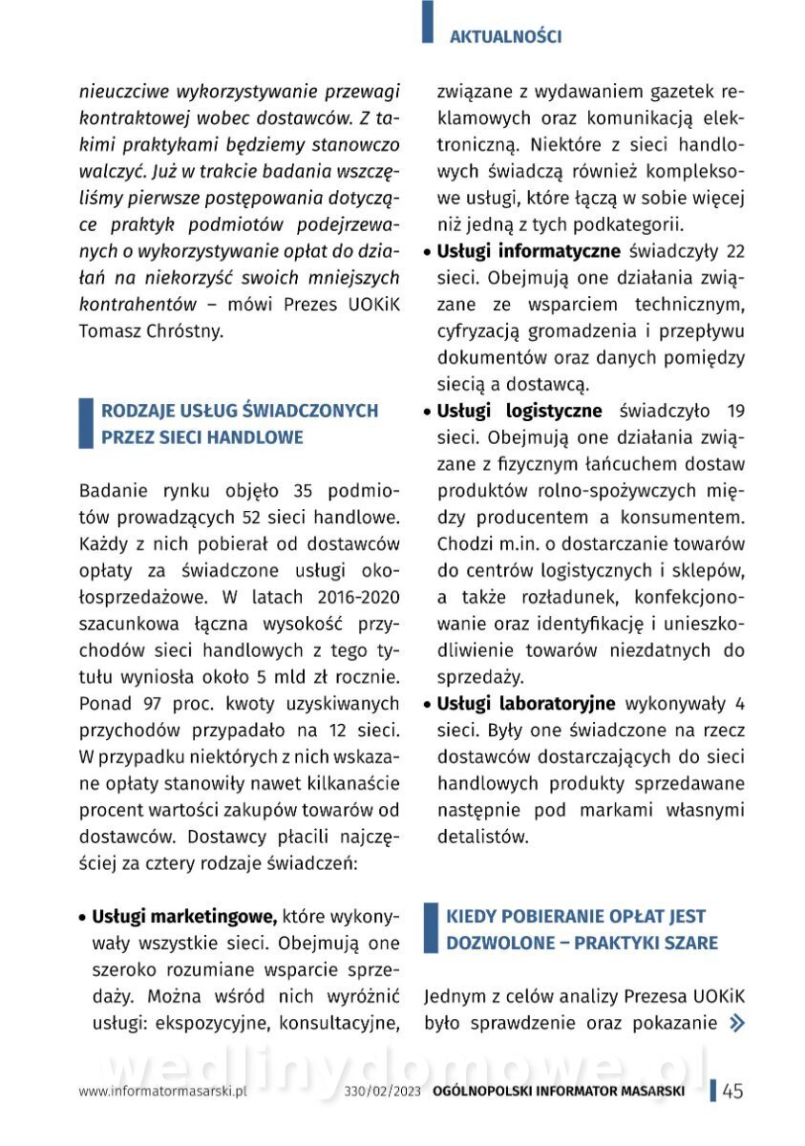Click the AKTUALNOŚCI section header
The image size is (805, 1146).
[x=505, y=36]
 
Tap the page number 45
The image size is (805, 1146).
[x=732, y=1092]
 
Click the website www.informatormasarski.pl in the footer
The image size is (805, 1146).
[x=163, y=1092]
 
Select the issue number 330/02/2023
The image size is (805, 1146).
[x=384, y=1092]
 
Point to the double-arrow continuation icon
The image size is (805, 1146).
[x=736, y=1024]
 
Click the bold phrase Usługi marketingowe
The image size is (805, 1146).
[x=184, y=917]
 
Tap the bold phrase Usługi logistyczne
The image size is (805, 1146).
[x=519, y=411]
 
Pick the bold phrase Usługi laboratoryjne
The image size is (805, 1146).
[x=526, y=704]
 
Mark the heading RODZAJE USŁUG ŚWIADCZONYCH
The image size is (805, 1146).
[x=240, y=411]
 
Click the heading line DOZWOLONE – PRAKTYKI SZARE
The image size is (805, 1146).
[x=582, y=943]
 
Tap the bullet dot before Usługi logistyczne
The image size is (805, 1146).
[x=429, y=413]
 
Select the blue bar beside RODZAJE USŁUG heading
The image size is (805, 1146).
[x=85, y=424]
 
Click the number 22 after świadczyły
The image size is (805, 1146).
[x=735, y=252]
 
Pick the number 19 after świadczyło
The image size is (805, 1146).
[x=735, y=411]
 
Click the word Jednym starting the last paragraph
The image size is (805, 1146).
[x=457, y=997]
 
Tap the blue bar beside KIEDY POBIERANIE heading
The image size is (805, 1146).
[x=431, y=929]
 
